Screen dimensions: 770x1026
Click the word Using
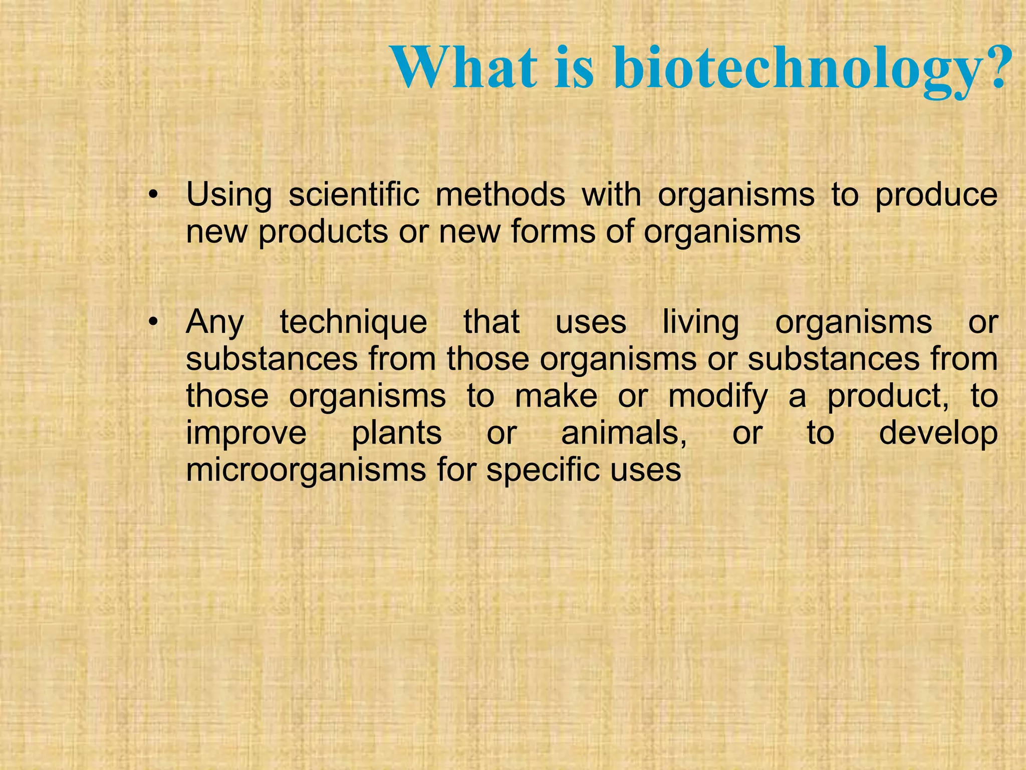(228, 196)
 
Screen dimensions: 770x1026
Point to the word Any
(215, 323)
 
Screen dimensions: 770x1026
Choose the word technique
(353, 323)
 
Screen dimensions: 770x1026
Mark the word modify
(717, 397)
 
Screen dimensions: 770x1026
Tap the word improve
(246, 434)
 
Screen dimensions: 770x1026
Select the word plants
(396, 434)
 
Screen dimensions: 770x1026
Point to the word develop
(938, 434)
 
